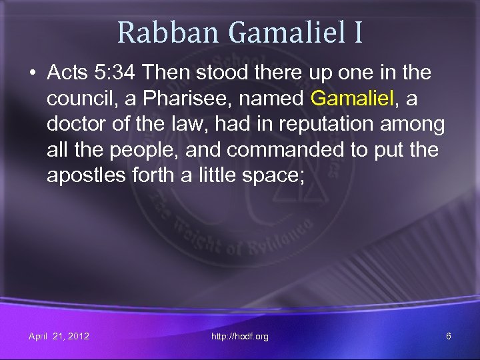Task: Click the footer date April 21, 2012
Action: tap(59, 336)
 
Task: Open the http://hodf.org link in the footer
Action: tap(239, 336)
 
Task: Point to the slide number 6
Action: tap(449, 336)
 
